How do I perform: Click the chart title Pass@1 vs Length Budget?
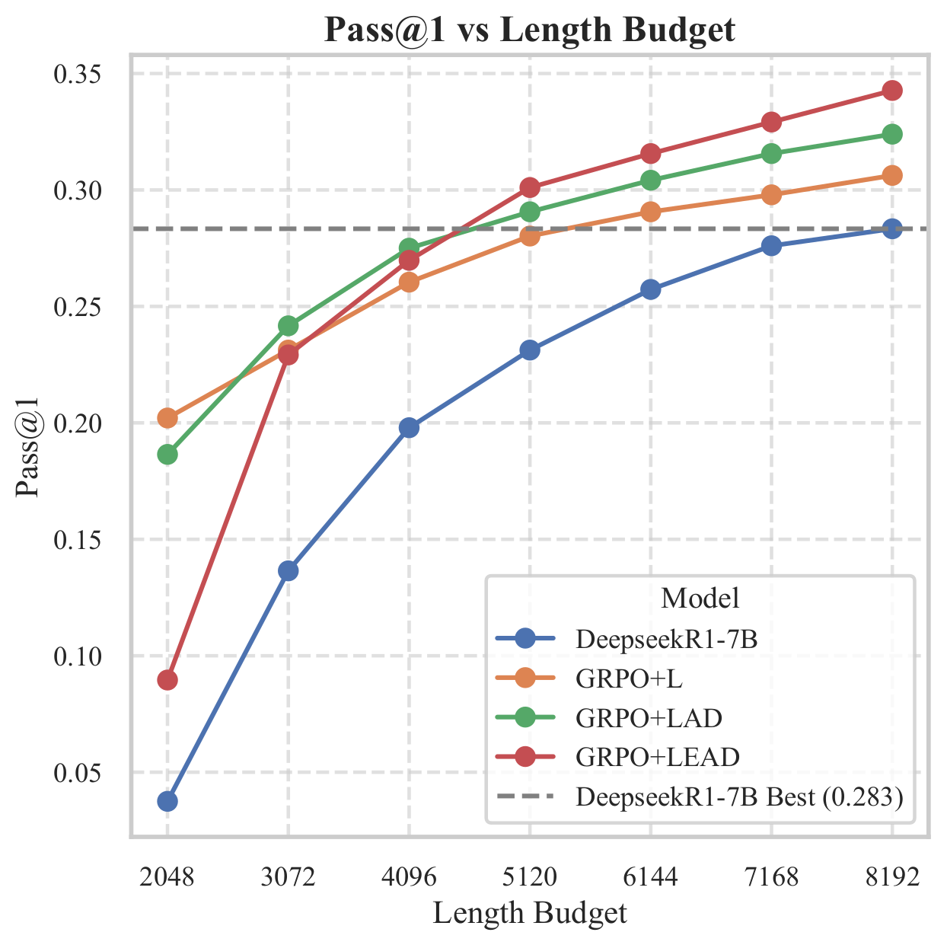(x=529, y=30)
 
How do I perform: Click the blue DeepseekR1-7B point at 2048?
(x=167, y=801)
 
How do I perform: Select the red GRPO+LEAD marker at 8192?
(x=892, y=91)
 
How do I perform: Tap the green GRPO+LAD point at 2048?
(x=167, y=455)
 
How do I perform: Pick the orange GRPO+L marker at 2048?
(x=167, y=418)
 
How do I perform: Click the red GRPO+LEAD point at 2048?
(x=167, y=680)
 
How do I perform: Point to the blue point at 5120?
(x=530, y=350)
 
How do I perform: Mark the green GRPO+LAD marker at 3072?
(x=288, y=325)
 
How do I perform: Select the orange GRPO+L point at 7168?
(x=771, y=195)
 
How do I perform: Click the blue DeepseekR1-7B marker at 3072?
(x=288, y=571)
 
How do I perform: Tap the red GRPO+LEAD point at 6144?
(x=651, y=154)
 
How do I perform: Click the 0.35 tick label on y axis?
(x=77, y=74)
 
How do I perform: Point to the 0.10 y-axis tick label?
(x=77, y=656)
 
